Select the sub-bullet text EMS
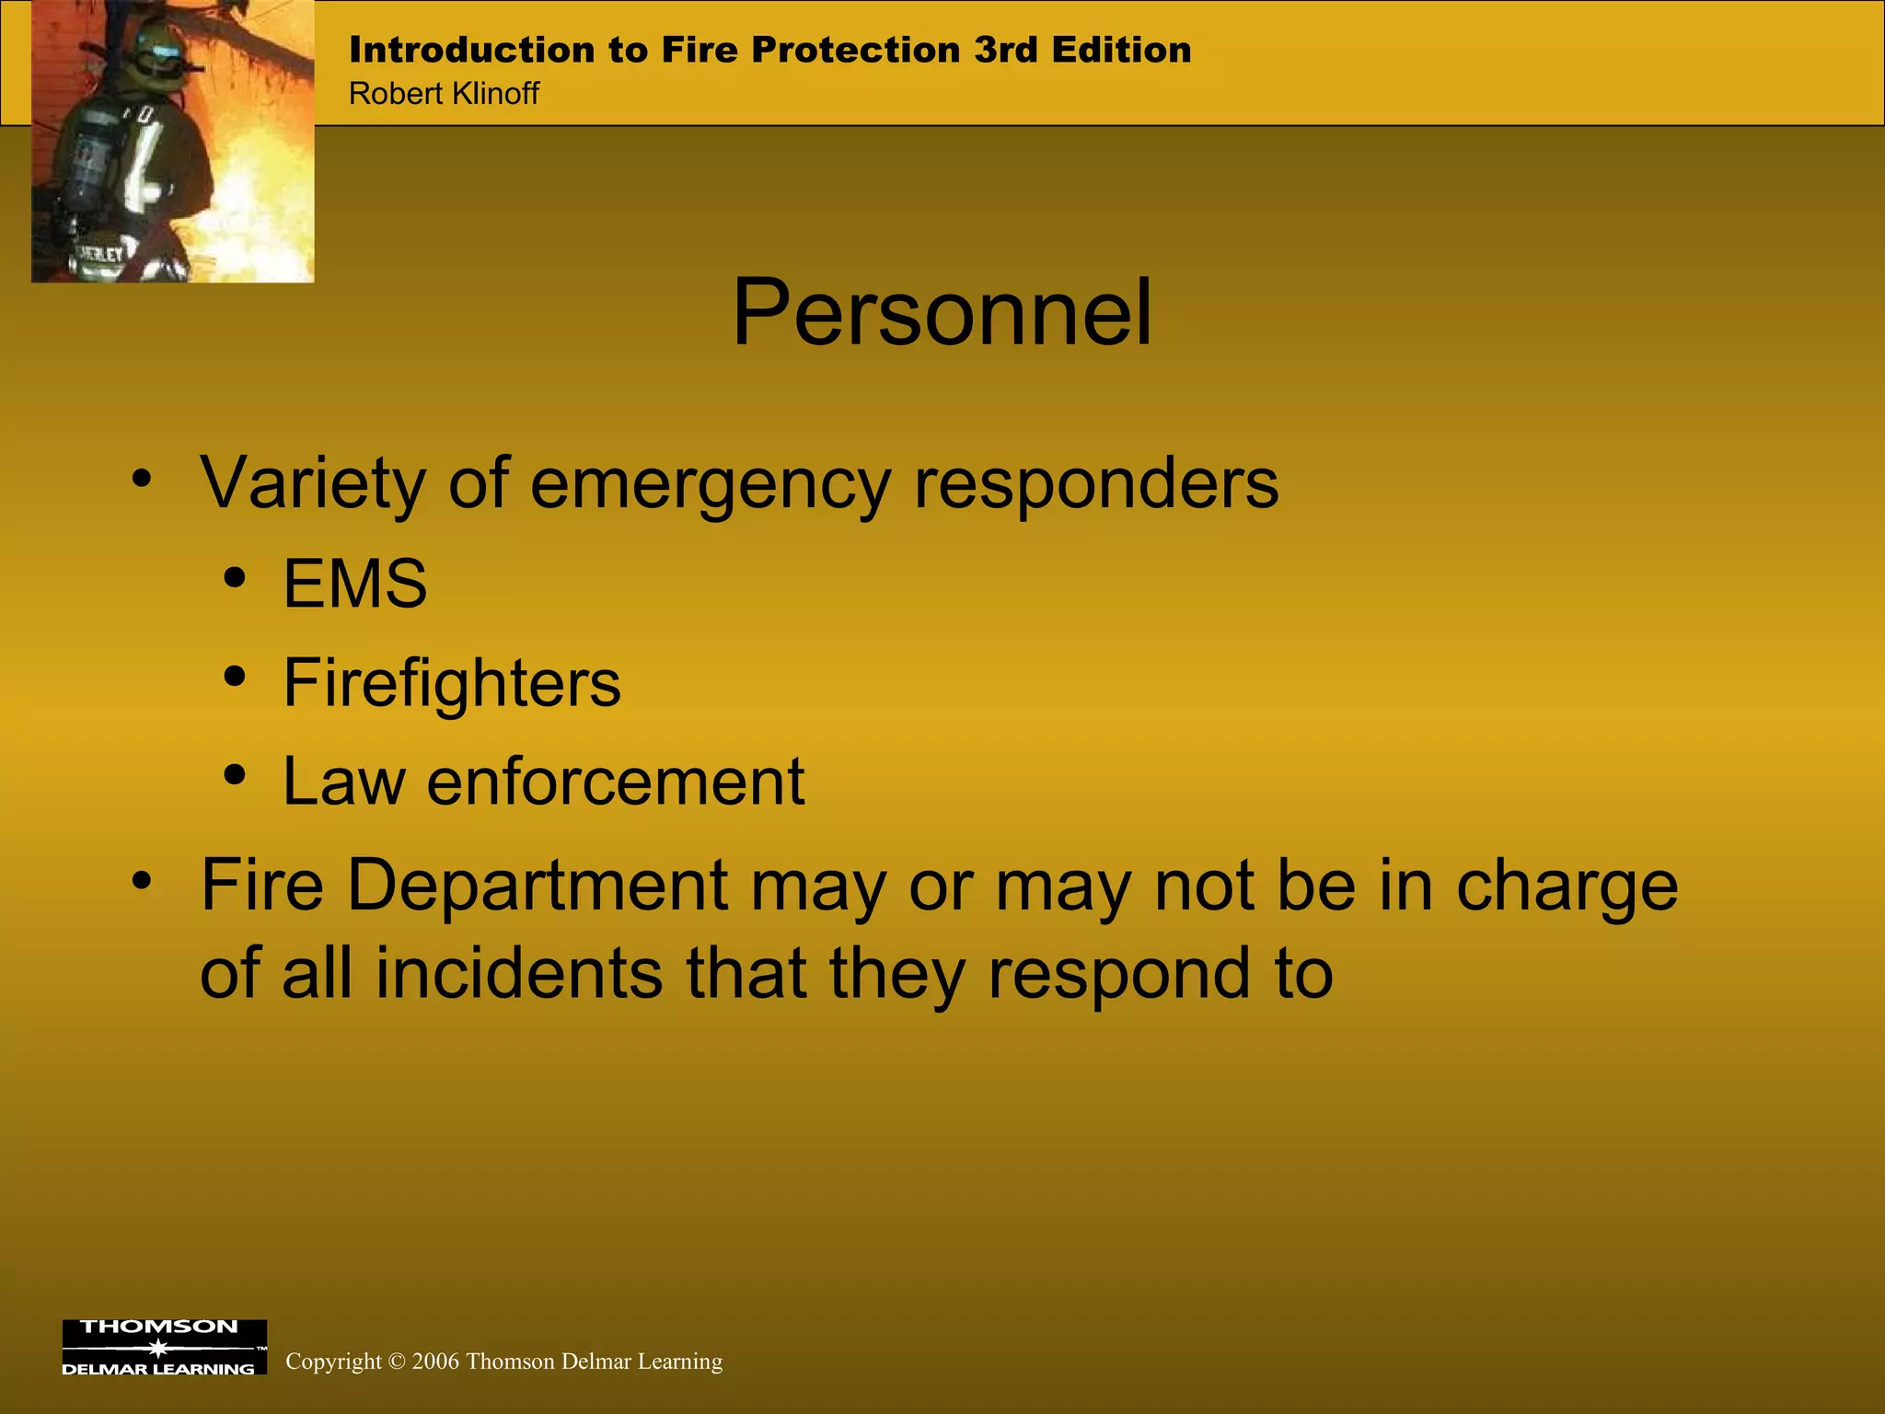(x=354, y=584)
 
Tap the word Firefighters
(x=451, y=683)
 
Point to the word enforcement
(x=615, y=782)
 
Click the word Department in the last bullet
(x=538, y=886)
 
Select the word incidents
(x=518, y=973)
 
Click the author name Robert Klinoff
(x=444, y=94)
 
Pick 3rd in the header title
(x=1007, y=50)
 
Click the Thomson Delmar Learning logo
(x=164, y=1347)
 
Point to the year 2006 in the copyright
(x=435, y=1362)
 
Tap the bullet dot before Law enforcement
(x=235, y=775)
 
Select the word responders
(x=1095, y=483)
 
